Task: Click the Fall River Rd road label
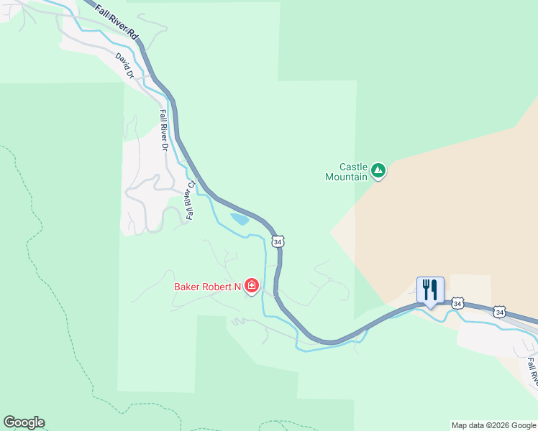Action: (116, 24)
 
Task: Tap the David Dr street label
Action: (124, 65)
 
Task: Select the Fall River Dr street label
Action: (164, 130)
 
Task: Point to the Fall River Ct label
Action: (191, 200)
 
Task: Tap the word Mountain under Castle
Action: (346, 177)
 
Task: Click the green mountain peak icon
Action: (378, 171)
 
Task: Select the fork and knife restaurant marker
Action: (430, 290)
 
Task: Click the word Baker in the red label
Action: (189, 287)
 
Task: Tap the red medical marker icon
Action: (252, 287)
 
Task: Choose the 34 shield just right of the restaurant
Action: (457, 304)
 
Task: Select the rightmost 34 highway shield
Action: (500, 312)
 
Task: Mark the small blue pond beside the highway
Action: (240, 218)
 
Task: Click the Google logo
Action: (24, 422)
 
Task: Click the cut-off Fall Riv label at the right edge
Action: (532, 369)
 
